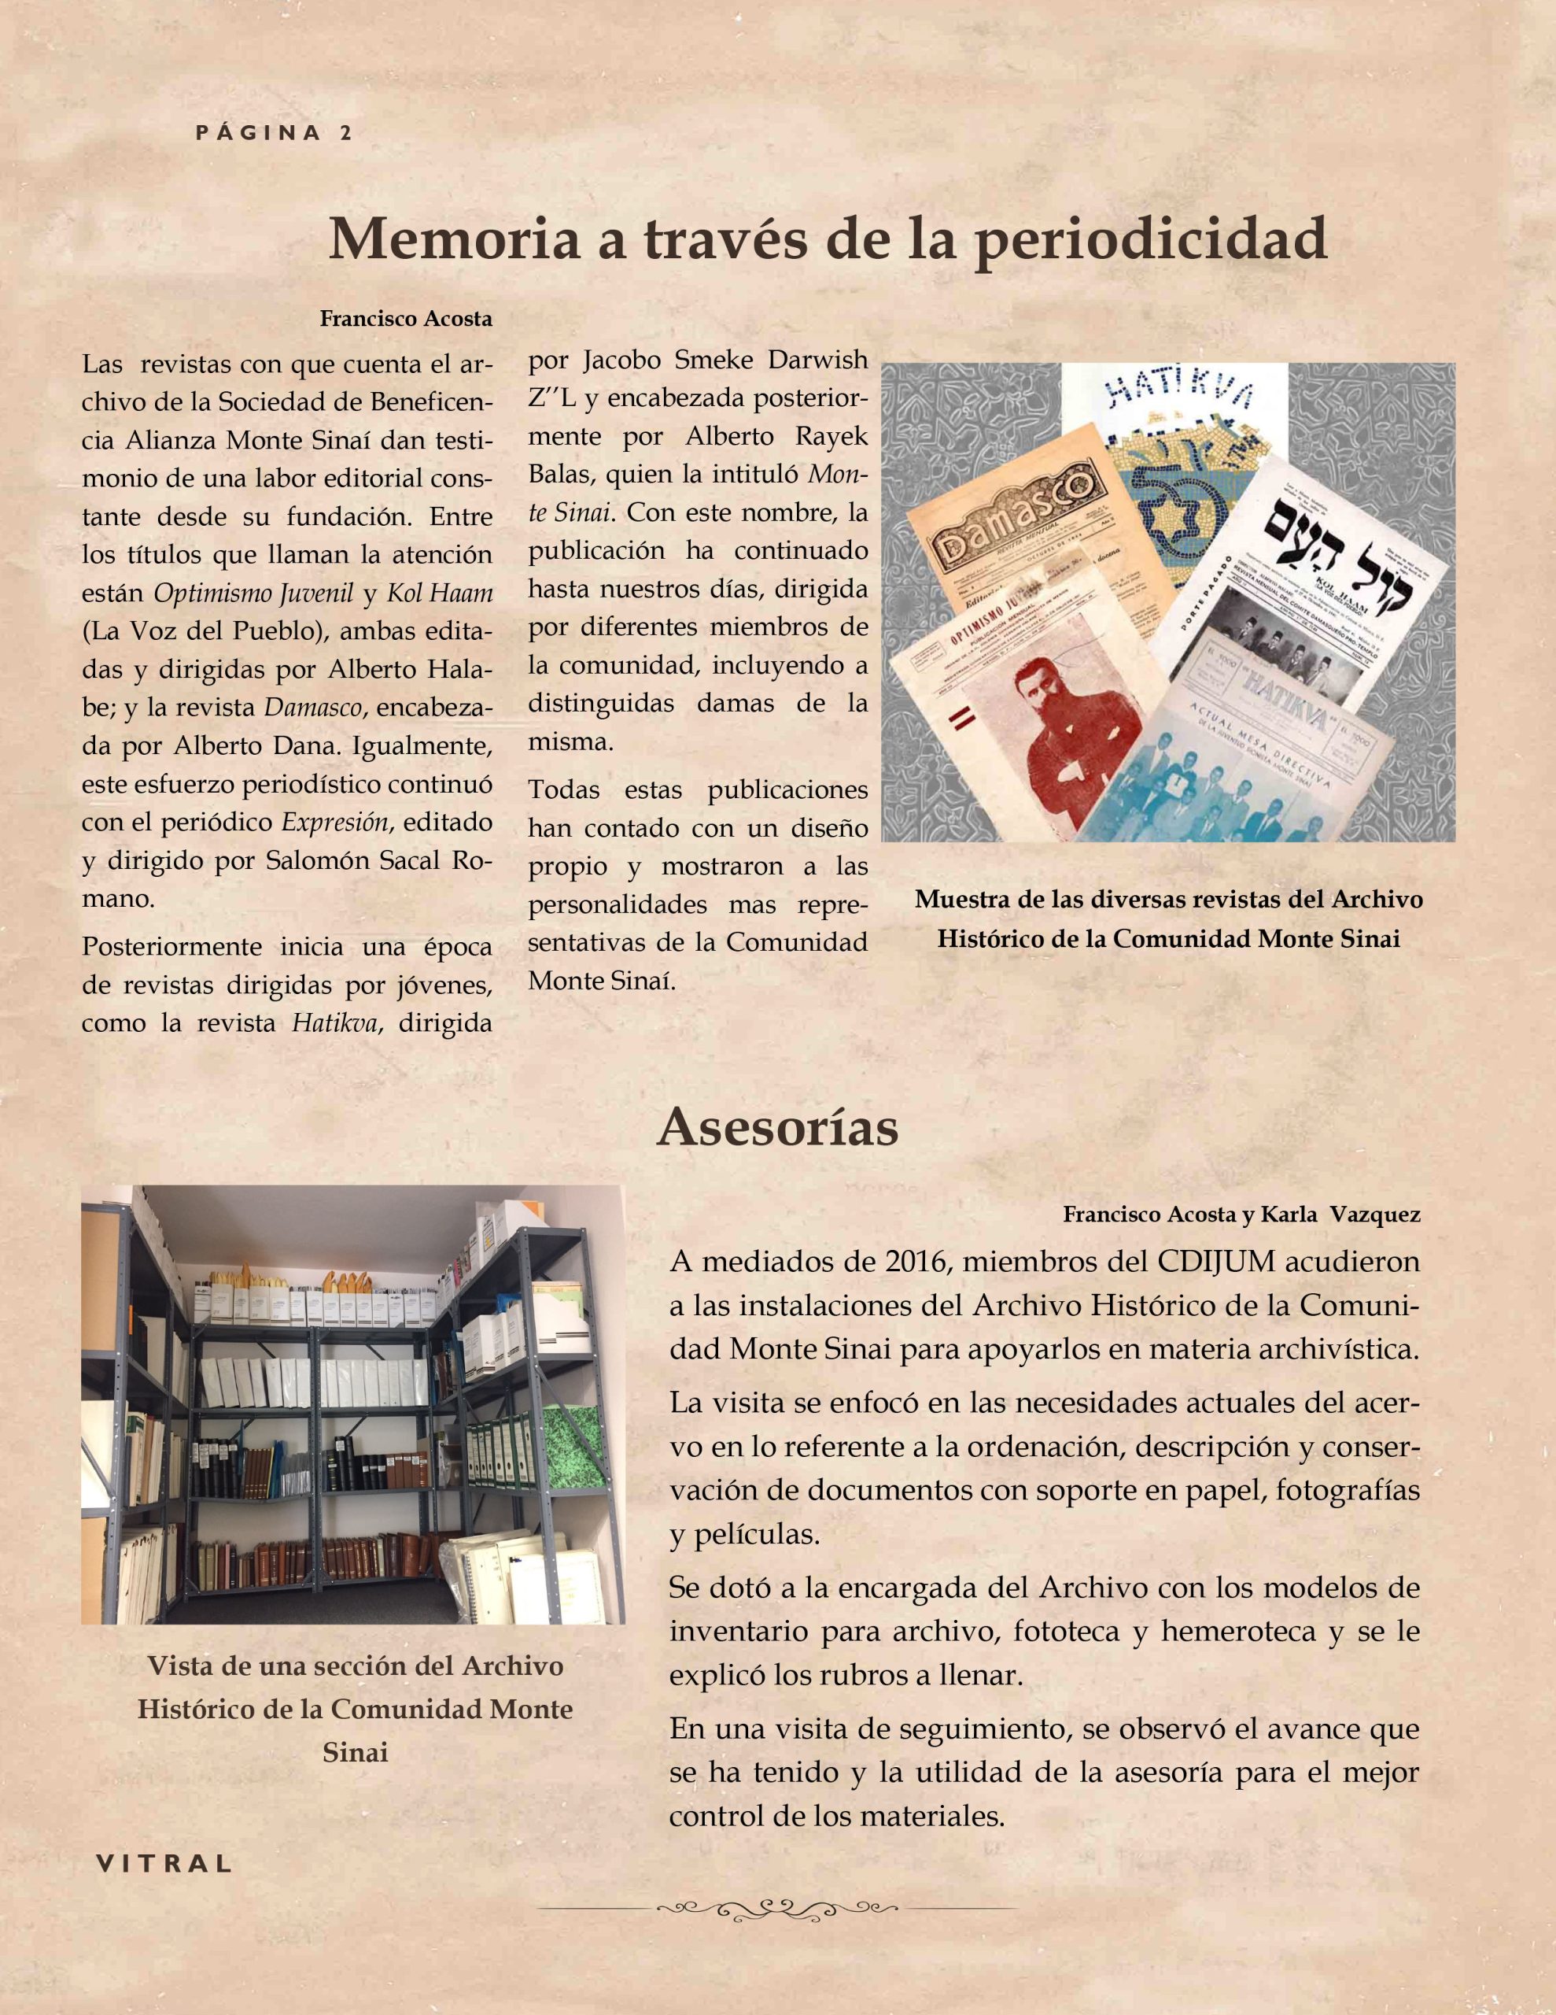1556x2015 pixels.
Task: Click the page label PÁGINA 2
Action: coord(274,133)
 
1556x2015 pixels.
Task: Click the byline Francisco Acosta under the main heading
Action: coord(406,320)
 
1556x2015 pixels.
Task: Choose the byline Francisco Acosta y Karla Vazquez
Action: coord(1241,1215)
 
